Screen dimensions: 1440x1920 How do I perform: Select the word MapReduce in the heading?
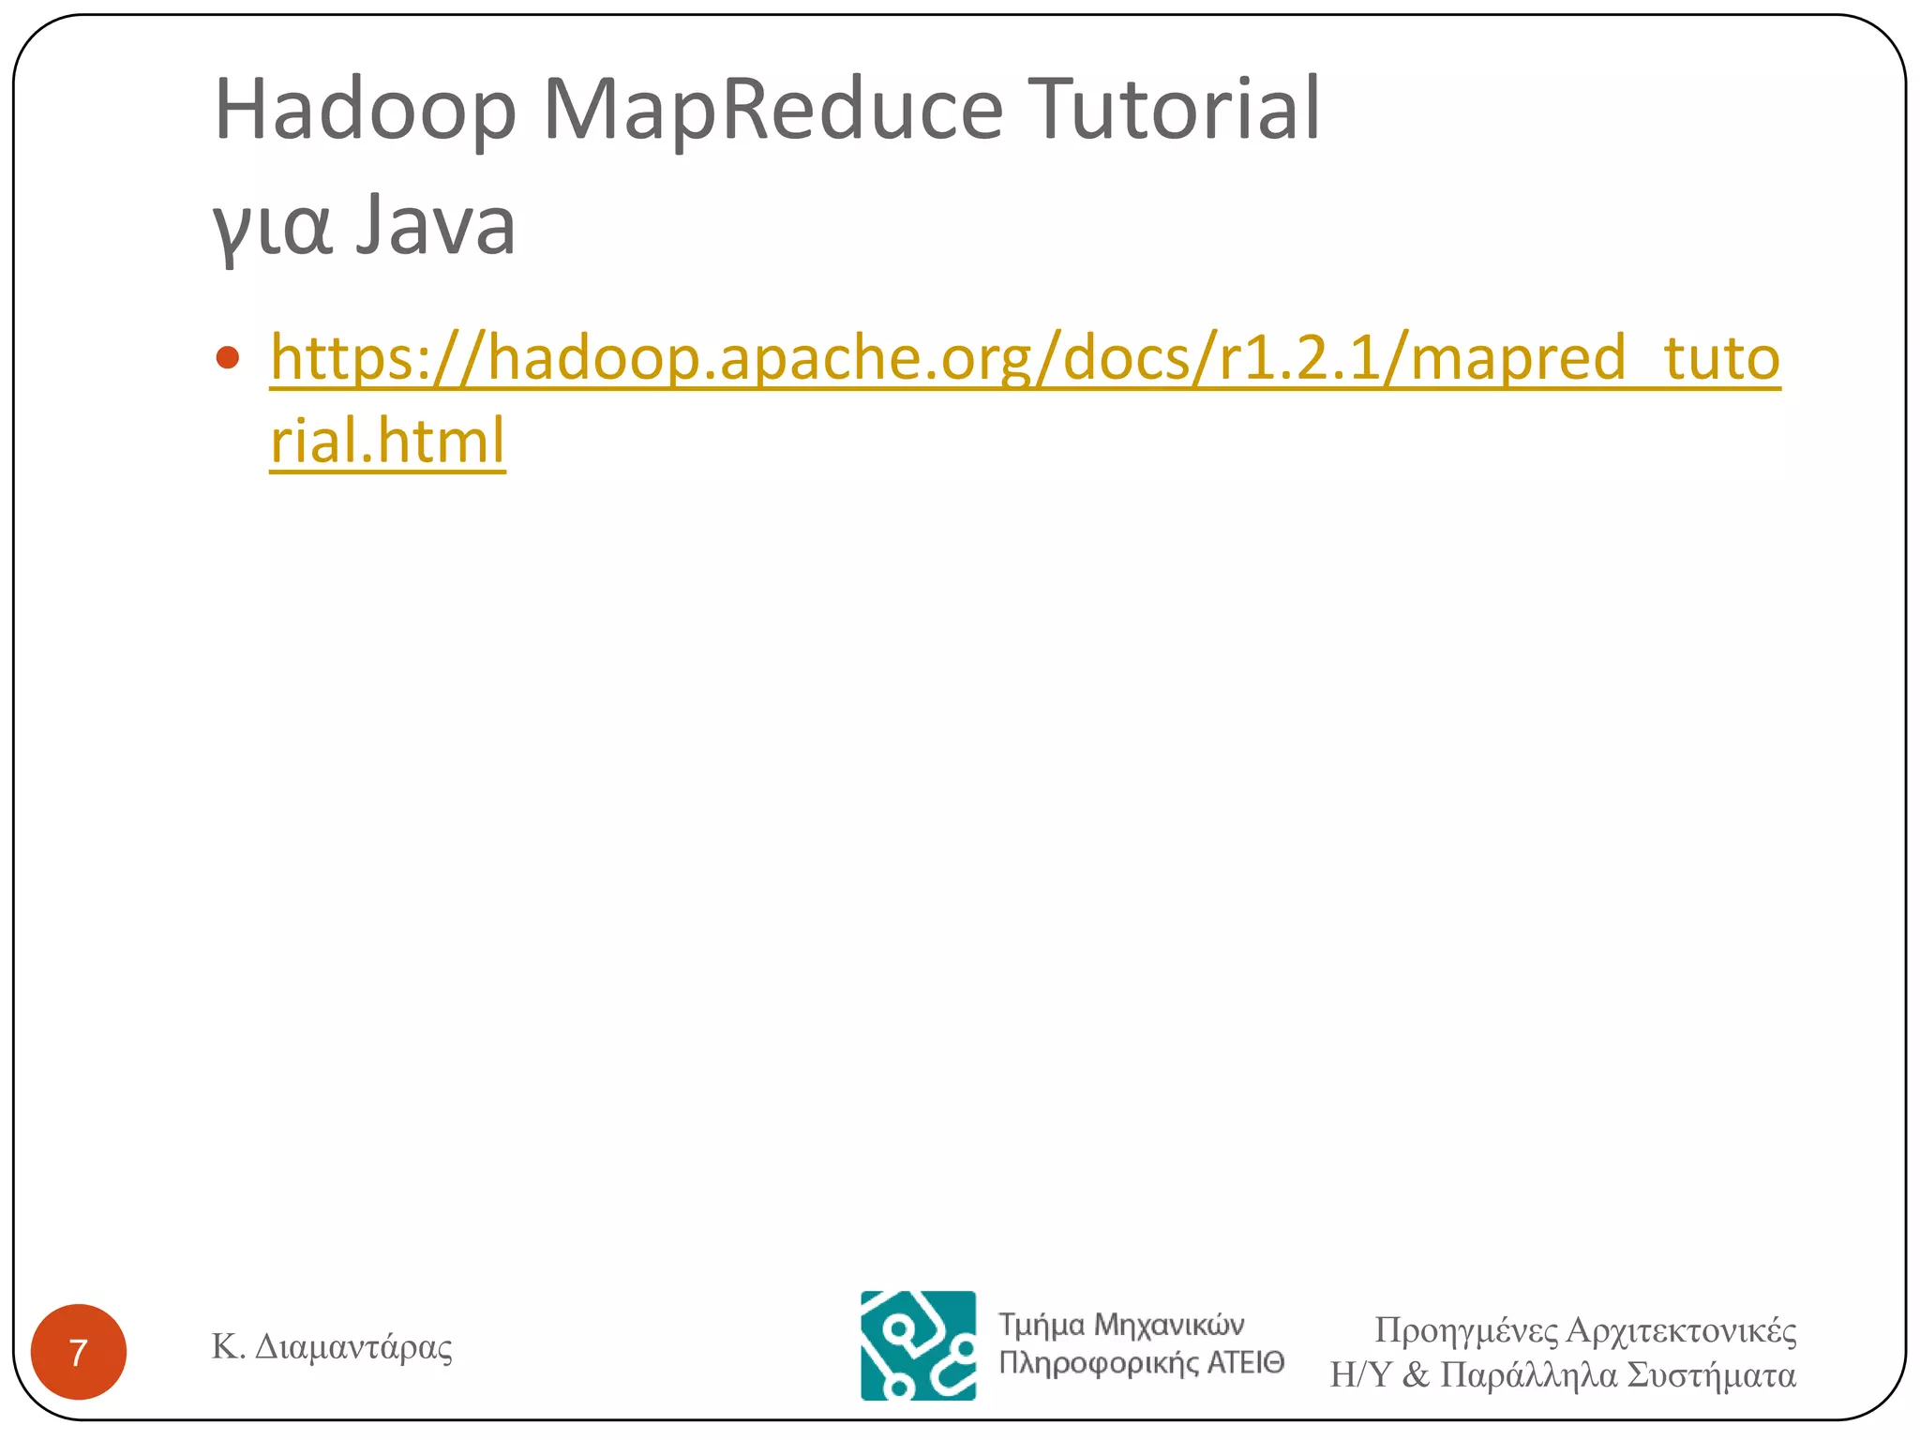tap(772, 110)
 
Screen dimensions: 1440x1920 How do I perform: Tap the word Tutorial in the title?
tap(1174, 110)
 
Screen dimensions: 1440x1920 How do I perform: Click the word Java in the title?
tap(436, 225)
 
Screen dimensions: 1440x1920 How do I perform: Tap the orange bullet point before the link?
tap(227, 358)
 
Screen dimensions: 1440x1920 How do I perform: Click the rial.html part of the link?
tap(388, 441)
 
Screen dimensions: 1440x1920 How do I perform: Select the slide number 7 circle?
tap(79, 1352)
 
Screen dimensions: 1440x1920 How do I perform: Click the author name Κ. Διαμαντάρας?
tap(332, 1347)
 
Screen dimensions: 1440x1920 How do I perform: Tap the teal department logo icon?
tap(918, 1345)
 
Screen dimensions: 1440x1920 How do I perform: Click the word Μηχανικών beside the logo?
tap(1169, 1325)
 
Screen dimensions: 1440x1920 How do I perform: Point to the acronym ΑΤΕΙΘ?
tap(1245, 1362)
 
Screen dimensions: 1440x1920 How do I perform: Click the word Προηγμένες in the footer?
tap(1465, 1331)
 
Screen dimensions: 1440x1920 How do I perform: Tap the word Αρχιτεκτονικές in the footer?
tap(1682, 1331)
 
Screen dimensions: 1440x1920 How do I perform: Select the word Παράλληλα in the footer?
tap(1529, 1375)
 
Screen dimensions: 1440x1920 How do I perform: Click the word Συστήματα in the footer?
tap(1712, 1375)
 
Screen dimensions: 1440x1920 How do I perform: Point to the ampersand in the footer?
tap(1416, 1375)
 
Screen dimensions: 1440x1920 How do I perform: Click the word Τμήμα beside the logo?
tap(1041, 1325)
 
